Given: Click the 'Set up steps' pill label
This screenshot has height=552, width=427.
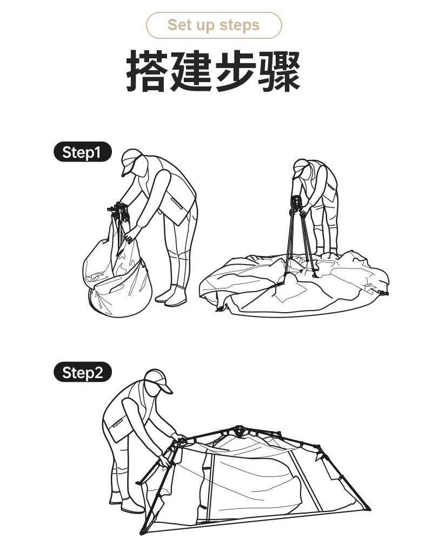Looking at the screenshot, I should [x=213, y=25].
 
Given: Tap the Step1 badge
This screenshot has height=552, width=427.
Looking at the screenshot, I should [x=82, y=152].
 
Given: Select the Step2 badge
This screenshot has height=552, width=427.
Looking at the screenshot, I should [x=82, y=373].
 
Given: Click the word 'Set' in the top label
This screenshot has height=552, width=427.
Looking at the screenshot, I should [x=178, y=25].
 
